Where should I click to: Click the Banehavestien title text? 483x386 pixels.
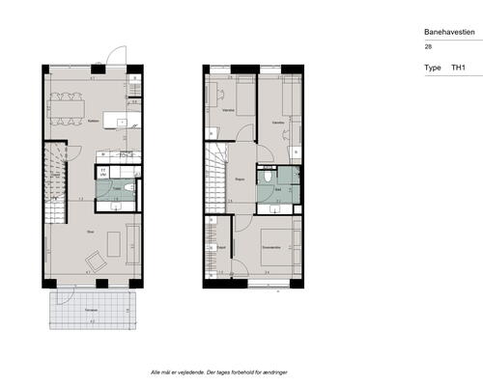coord(449,31)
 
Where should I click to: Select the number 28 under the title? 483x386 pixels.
coord(428,46)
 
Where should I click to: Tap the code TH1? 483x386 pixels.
coord(459,69)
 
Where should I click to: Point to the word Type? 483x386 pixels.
coord(432,69)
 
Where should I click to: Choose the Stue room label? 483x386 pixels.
coord(89,231)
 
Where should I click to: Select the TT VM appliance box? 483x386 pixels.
coord(103,172)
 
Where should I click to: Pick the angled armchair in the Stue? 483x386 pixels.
coord(97,261)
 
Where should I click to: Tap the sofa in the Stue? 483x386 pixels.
coord(132,241)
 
